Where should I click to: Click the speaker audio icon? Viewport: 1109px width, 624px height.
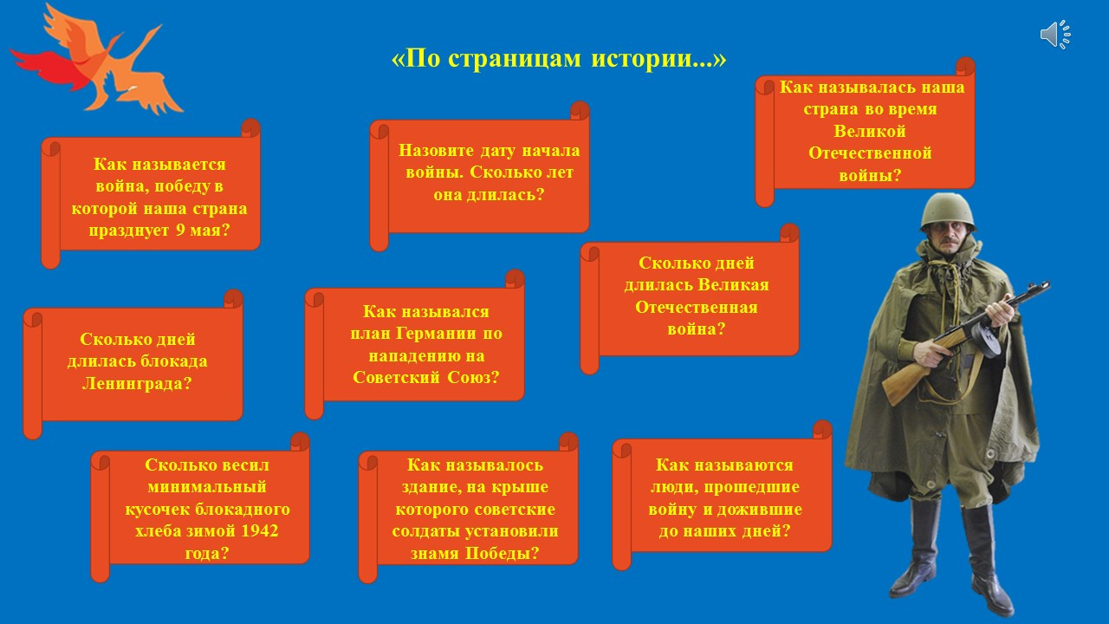1055,35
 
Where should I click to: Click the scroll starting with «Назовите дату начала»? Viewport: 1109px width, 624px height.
479,176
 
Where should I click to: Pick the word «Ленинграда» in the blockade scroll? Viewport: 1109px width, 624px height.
137,384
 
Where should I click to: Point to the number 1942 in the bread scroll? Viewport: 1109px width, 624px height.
259,531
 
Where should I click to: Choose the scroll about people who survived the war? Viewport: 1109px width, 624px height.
722,495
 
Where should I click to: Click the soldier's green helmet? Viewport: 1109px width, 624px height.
948,212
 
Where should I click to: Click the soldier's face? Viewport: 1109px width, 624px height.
948,238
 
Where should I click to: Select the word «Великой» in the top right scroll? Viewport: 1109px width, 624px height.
870,131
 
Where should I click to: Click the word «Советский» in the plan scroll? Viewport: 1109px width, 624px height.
396,378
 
